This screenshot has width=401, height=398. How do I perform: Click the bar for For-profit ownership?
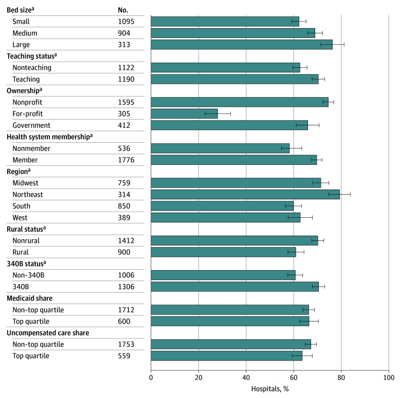pos(184,113)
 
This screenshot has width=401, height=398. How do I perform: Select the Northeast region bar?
pos(245,195)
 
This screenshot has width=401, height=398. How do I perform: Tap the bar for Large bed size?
pos(242,45)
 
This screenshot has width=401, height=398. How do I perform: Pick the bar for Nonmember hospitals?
pos(220,148)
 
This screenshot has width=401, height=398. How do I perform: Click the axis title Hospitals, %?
pos(270,389)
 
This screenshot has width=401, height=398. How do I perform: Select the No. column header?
pos(123,10)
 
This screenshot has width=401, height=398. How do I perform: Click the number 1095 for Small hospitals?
pos(126,22)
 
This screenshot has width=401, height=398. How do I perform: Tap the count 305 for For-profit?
pos(124,113)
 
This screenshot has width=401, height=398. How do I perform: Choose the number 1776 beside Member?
pos(126,160)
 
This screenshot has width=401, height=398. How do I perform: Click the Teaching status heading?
pos(32,56)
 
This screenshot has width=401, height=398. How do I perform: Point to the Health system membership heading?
pos(50,137)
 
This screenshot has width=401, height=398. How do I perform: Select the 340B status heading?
pos(26,263)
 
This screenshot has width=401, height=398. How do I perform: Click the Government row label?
pos(31,125)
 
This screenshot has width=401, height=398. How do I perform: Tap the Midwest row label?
pos(25,183)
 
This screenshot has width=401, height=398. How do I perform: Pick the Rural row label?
pos(21,252)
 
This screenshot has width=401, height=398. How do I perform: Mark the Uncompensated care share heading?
pos(48,333)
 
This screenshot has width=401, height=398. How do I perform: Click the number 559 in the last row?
pos(124,356)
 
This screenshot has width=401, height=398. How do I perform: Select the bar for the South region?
pos(222,206)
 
